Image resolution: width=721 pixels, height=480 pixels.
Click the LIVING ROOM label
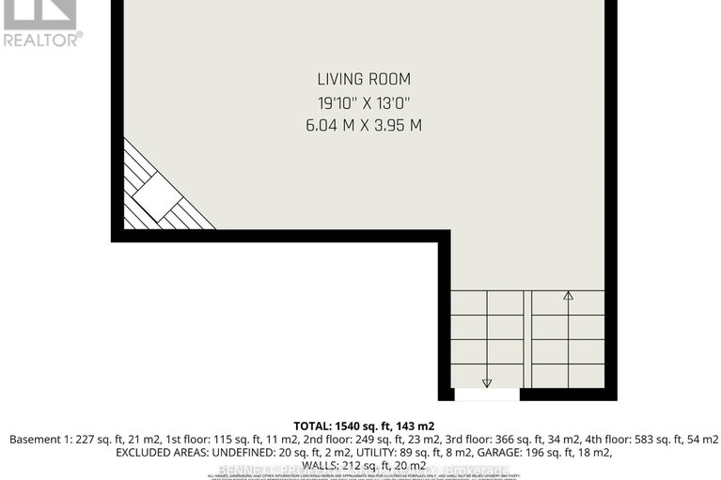point(364,80)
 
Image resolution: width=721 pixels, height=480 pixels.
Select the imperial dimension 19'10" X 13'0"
point(364,102)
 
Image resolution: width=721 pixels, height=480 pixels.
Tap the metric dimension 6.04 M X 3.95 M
point(364,125)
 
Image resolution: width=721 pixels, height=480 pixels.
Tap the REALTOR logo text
point(42,39)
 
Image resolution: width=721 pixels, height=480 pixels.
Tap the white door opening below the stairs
point(486,395)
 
